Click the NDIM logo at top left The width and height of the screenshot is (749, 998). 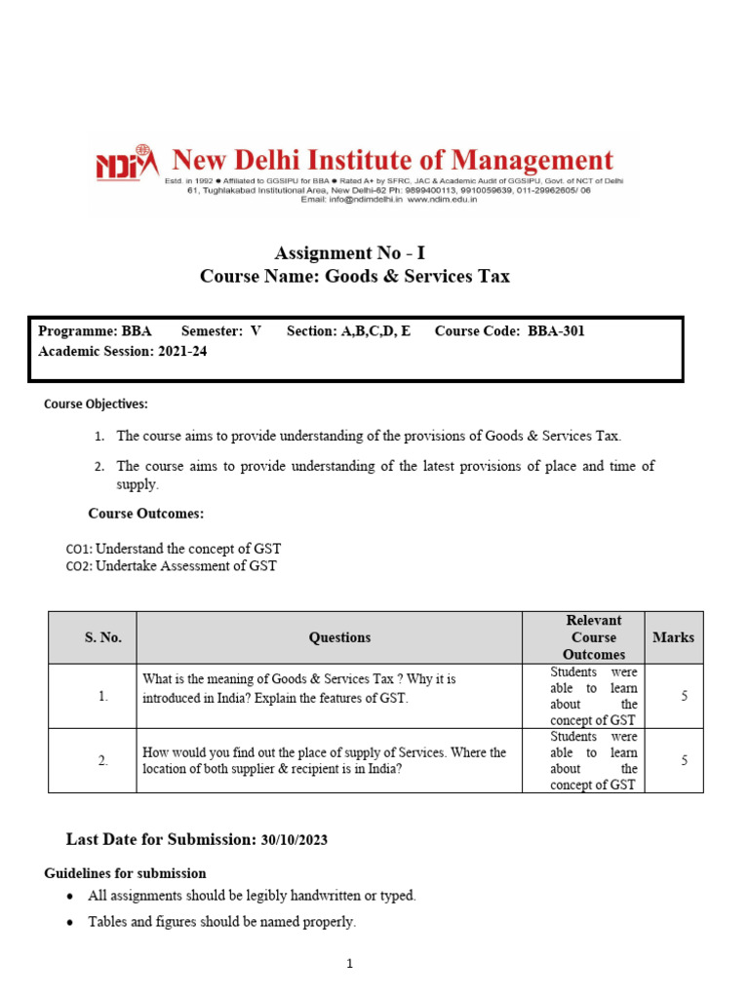coord(126,164)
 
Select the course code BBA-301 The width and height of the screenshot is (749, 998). coord(556,331)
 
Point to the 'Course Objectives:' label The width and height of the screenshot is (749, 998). coord(96,403)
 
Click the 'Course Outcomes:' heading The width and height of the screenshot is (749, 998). coord(145,514)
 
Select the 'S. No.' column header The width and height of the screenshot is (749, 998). coord(102,637)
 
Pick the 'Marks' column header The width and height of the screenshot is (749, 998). coord(673,637)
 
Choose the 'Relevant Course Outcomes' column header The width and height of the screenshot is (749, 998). coord(594,637)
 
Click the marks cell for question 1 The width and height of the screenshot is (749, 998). coord(684,696)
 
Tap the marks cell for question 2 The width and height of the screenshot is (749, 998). coord(684,760)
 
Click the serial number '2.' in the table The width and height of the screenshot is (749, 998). coord(102,760)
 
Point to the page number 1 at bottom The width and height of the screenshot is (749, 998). coord(349,965)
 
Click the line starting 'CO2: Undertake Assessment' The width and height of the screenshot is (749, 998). coord(171,566)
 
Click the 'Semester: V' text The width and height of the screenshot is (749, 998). coord(221,331)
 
